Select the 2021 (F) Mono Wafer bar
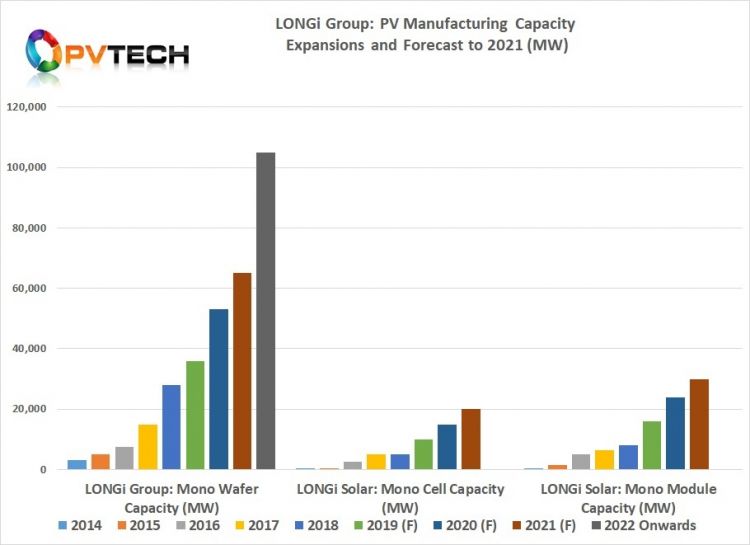pos(242,371)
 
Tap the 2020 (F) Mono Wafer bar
pos(218,389)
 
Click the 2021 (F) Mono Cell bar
pos(470,439)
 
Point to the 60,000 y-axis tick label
pos(39,289)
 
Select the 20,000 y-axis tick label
pos(39,410)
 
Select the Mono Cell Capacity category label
pos(399,496)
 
